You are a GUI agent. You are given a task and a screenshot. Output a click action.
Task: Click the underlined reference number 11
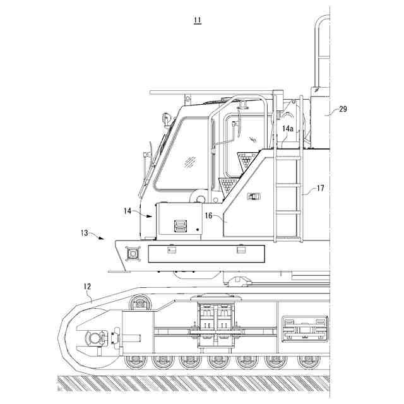[x=198, y=20]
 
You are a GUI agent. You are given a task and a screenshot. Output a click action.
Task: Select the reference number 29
[x=343, y=109]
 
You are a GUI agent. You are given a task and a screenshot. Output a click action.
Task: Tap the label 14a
[x=287, y=129]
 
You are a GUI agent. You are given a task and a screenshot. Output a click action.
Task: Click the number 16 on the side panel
[x=208, y=215]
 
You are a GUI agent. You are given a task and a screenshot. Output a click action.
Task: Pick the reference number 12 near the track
[x=88, y=286]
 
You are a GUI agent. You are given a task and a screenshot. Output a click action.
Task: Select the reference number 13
[x=85, y=232]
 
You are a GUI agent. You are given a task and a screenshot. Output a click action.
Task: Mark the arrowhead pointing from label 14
[x=152, y=216]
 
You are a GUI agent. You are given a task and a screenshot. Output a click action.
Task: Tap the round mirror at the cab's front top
[x=167, y=117]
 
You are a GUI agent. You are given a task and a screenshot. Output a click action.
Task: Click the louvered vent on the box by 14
[x=181, y=225]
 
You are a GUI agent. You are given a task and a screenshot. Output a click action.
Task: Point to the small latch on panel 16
[x=253, y=196]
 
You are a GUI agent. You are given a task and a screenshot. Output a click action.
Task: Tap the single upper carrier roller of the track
[x=139, y=304]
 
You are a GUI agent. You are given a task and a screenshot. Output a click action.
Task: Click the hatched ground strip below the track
[x=189, y=383]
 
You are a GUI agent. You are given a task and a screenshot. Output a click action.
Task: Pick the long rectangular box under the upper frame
[x=206, y=253]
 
